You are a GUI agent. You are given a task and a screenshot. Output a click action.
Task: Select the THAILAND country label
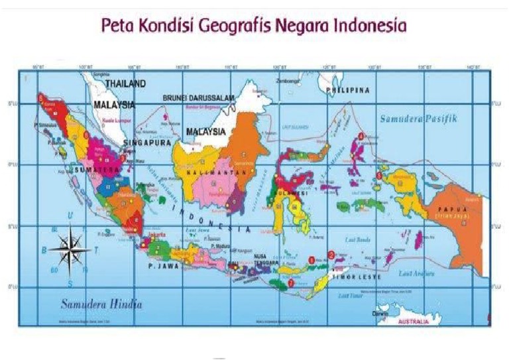click(127, 85)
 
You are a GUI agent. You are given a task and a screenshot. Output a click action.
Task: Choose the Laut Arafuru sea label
click(416, 272)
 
